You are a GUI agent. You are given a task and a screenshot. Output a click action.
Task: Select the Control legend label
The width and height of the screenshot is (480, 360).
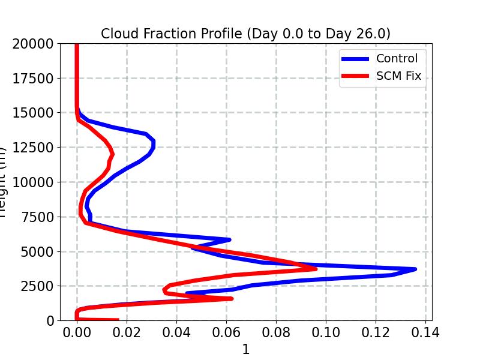pyautogui.click(x=397, y=58)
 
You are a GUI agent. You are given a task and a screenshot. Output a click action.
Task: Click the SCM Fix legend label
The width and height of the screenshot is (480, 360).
pyautogui.click(x=398, y=76)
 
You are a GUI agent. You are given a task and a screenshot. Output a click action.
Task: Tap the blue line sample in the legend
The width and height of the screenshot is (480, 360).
pyautogui.click(x=355, y=58)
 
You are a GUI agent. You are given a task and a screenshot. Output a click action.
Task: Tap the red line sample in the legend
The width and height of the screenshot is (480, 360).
pyautogui.click(x=355, y=76)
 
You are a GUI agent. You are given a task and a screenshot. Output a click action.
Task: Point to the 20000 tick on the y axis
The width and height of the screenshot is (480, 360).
pyautogui.click(x=37, y=43)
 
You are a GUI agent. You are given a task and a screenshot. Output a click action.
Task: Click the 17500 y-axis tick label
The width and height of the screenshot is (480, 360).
pyautogui.click(x=37, y=78)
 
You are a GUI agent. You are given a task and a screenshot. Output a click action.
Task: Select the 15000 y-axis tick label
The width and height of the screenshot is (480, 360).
pyautogui.click(x=37, y=113)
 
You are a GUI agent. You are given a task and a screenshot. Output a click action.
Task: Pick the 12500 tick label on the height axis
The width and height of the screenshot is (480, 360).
pyautogui.click(x=37, y=148)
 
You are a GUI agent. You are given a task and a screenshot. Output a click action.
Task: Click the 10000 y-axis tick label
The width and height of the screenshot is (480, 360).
pyautogui.click(x=37, y=182)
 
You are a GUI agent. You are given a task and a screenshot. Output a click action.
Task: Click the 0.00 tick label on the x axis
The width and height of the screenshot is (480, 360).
pyautogui.click(x=77, y=332)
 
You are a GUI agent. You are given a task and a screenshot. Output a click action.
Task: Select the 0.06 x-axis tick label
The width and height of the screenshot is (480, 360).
pyautogui.click(x=226, y=332)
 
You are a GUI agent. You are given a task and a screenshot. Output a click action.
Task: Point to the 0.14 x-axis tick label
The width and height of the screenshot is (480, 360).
pyautogui.click(x=425, y=332)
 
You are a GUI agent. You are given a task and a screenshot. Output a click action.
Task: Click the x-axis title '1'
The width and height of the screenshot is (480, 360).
pyautogui.click(x=245, y=349)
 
